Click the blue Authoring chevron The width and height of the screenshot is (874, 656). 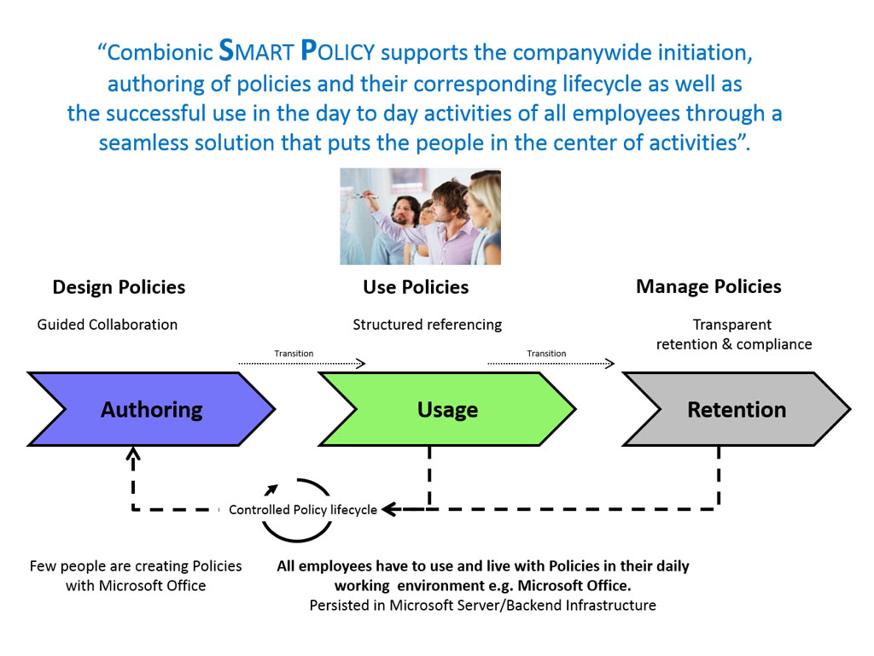point(152,409)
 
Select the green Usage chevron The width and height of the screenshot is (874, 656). point(447,409)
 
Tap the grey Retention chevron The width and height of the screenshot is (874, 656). point(737,409)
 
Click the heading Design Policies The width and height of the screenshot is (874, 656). point(119,287)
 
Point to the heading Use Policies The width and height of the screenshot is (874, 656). point(416,287)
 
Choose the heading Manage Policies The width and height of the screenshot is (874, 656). point(708,286)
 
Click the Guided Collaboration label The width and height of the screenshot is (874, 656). point(107,324)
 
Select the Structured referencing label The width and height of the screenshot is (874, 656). point(427,325)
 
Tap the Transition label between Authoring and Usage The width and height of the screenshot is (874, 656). point(294,353)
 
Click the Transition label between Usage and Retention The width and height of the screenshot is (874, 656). point(546,353)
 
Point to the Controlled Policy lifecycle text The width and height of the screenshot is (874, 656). point(303,509)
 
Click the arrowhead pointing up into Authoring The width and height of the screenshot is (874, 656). point(132,453)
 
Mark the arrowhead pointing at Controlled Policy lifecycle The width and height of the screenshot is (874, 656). point(389,509)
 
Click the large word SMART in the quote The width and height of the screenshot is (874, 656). point(256,50)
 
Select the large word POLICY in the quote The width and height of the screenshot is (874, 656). point(338,50)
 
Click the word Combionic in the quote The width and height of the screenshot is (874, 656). point(160,52)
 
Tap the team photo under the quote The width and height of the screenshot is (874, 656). point(420,216)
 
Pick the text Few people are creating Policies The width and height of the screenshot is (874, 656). point(136,565)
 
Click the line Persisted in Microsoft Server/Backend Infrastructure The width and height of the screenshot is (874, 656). point(483,606)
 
